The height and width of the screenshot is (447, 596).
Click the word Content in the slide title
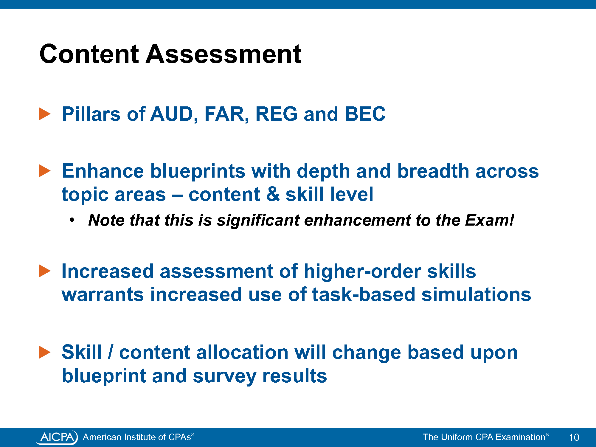click(89, 54)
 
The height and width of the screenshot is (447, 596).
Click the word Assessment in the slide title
click(223, 54)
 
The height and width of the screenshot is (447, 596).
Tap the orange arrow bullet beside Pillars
click(45, 114)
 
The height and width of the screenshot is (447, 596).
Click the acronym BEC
click(365, 114)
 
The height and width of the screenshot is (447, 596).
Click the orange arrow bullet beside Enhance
click(45, 171)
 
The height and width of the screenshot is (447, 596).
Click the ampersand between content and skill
click(273, 194)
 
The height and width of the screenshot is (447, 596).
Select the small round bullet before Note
click(72, 220)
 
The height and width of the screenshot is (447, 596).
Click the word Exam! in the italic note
click(490, 220)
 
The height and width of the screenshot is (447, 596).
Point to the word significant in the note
click(258, 221)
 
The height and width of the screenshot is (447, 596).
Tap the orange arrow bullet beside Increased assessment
click(45, 271)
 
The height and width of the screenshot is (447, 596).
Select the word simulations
click(476, 294)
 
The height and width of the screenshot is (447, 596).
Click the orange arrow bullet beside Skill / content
click(45, 352)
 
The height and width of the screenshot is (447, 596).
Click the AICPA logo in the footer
click(57, 437)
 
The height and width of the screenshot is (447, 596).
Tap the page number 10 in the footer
click(574, 437)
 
